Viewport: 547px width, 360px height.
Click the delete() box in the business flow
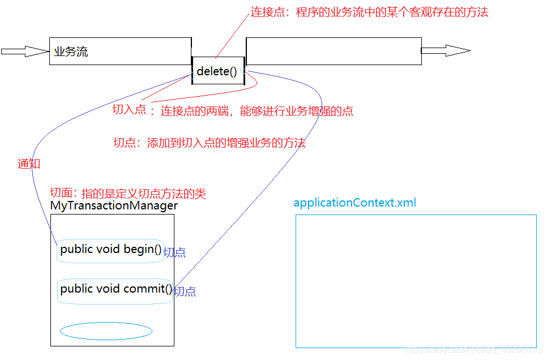point(218,71)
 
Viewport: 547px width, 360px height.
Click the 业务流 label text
point(71,52)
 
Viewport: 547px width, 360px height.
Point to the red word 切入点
point(130,111)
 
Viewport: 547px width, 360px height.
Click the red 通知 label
point(29,164)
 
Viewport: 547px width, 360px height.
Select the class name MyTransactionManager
point(114,206)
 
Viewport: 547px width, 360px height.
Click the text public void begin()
point(111,250)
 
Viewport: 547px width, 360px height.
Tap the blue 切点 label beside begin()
point(174,253)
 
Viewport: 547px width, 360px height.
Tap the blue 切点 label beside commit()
point(185,292)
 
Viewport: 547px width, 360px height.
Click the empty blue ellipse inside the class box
point(106,331)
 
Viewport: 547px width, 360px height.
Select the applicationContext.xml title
point(354,203)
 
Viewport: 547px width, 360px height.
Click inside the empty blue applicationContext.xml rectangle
point(416,281)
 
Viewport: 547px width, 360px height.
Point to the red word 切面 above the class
point(62,193)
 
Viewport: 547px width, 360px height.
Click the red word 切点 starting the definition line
point(125,143)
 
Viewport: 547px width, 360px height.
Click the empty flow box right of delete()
point(334,52)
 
